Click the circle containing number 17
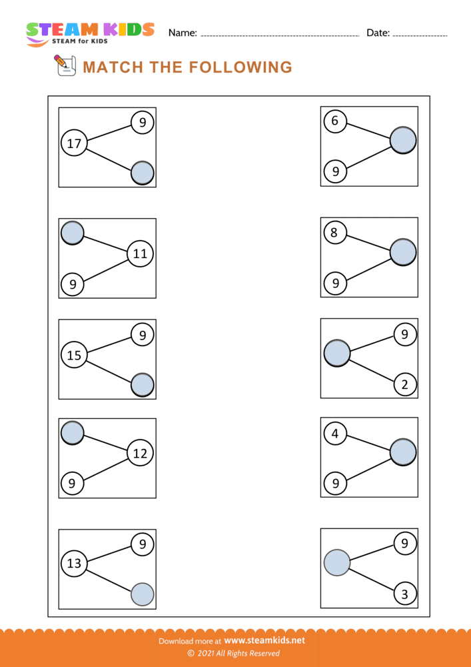tap(74, 143)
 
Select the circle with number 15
tap(74, 356)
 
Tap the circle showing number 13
tap(74, 564)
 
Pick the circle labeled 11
tap(140, 253)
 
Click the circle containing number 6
tap(335, 121)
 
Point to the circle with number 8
tap(335, 232)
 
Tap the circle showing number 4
tap(335, 434)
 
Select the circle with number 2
tap(404, 384)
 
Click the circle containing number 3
tap(404, 594)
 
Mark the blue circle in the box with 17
tap(143, 173)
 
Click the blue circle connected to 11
tap(72, 233)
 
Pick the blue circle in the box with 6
tap(403, 141)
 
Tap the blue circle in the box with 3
tap(337, 563)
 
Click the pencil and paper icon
tap(63, 65)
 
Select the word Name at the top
tap(182, 33)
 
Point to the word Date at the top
tap(378, 33)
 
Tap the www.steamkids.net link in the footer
tap(264, 640)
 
